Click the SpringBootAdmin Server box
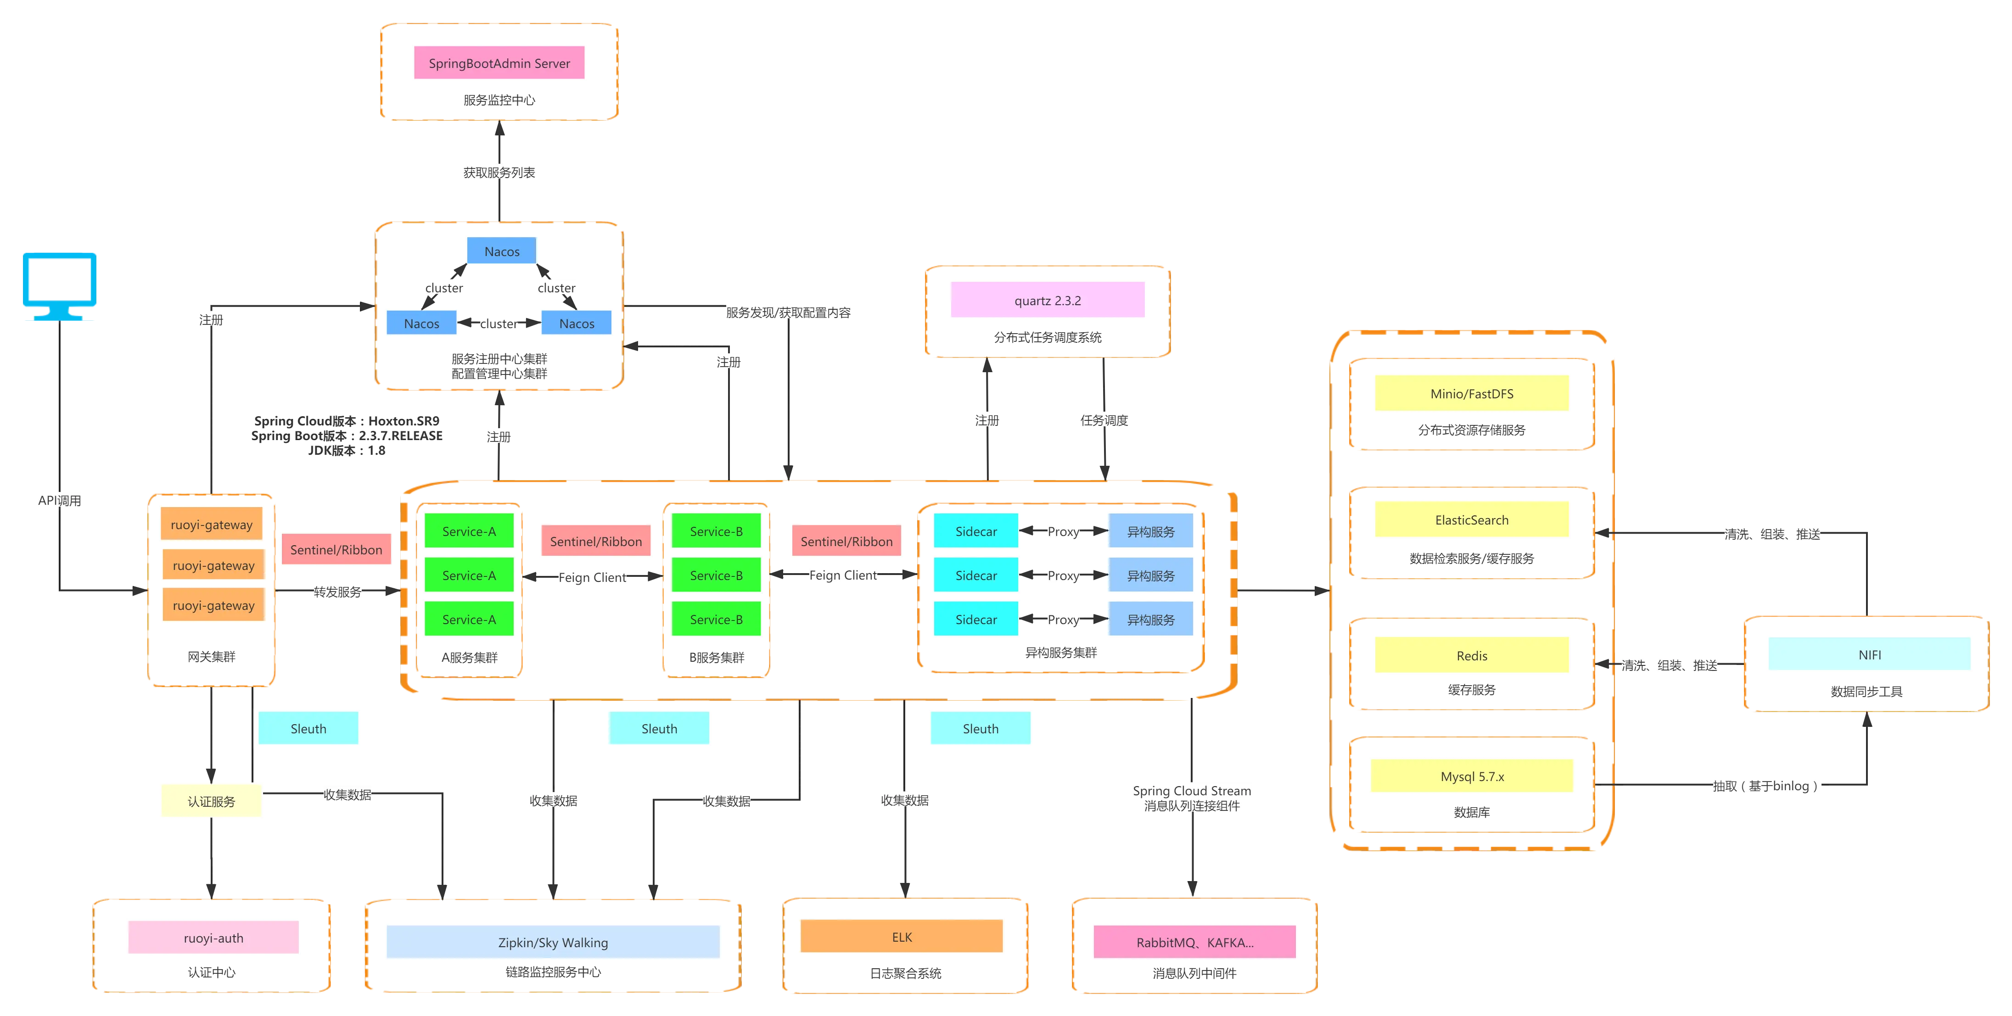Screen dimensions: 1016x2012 click(499, 63)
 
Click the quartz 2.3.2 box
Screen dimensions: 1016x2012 click(1048, 301)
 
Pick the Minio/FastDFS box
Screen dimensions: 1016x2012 click(1472, 394)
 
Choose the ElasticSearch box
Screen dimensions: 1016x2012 click(1472, 520)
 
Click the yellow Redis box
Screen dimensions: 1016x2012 click(1472, 655)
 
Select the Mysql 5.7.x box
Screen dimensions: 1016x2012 click(1472, 776)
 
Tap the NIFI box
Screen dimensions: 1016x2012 click(1869, 654)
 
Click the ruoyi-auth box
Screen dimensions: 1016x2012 click(213, 938)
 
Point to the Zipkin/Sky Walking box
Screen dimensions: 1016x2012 click(553, 943)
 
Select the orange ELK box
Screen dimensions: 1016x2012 click(902, 937)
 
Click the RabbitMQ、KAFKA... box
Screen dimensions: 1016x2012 click(1194, 943)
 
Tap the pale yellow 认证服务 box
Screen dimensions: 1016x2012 click(211, 801)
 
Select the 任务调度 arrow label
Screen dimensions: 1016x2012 click(1104, 420)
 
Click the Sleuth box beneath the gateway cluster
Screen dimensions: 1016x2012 click(308, 729)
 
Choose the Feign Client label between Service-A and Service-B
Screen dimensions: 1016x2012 click(592, 577)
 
